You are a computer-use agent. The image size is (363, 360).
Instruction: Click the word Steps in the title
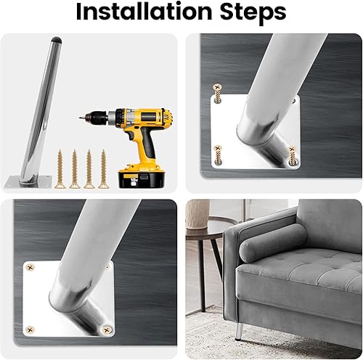[250, 12]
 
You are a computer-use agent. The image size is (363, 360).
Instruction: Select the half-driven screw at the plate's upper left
[216, 93]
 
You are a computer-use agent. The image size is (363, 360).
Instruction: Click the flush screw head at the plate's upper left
[30, 267]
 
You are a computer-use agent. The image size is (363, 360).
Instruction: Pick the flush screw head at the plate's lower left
[31, 329]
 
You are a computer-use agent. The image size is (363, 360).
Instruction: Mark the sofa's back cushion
[330, 225]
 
